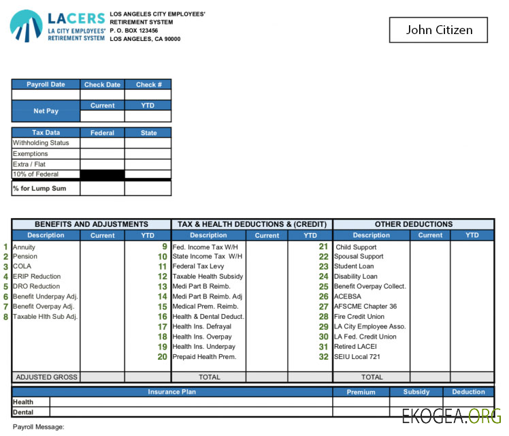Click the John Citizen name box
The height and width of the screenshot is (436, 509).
[439, 30]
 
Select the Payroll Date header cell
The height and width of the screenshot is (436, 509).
[46, 84]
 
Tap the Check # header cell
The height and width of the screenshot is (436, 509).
[148, 84]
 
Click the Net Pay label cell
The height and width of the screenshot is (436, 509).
[46, 110]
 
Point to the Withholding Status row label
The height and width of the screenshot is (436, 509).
[41, 143]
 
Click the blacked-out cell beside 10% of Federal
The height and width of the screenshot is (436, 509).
[102, 174]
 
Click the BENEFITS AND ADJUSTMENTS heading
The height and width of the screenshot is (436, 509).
[91, 224]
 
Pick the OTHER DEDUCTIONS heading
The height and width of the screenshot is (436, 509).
[413, 224]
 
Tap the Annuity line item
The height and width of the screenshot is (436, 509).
[24, 247]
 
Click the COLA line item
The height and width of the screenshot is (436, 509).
[22, 266]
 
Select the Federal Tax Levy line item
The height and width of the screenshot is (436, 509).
[198, 266]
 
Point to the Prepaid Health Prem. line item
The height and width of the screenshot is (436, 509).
[204, 356]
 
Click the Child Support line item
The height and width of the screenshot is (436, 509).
[355, 247]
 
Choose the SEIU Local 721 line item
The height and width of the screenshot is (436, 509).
[357, 356]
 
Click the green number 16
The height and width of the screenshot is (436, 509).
[162, 317]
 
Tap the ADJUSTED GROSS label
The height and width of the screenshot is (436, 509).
[46, 377]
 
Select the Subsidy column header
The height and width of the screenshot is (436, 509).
[416, 392]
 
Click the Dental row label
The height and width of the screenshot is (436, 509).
[22, 411]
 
